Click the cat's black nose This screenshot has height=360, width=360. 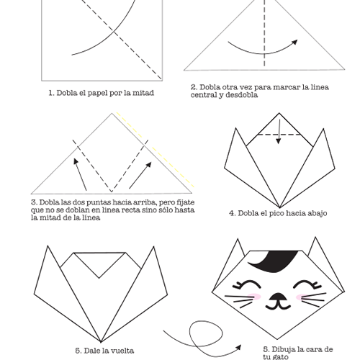click(x=277, y=297)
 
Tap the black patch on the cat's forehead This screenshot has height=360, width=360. click(x=274, y=261)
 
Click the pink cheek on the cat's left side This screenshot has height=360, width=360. click(x=254, y=297)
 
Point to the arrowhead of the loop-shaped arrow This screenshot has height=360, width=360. click(x=238, y=348)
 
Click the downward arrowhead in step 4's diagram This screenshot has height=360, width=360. click(x=279, y=140)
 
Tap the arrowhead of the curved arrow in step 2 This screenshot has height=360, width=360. click(x=294, y=42)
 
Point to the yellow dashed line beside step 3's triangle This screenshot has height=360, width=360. click(x=156, y=149)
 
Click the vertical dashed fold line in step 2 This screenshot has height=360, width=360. click(x=264, y=33)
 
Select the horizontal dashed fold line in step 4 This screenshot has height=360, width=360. click(x=279, y=135)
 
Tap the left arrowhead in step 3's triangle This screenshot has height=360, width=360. click(x=76, y=161)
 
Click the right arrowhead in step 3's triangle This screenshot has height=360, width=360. click(x=149, y=165)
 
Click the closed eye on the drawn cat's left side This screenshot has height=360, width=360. click(x=246, y=284)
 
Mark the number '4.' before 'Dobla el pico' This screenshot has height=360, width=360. click(x=233, y=213)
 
